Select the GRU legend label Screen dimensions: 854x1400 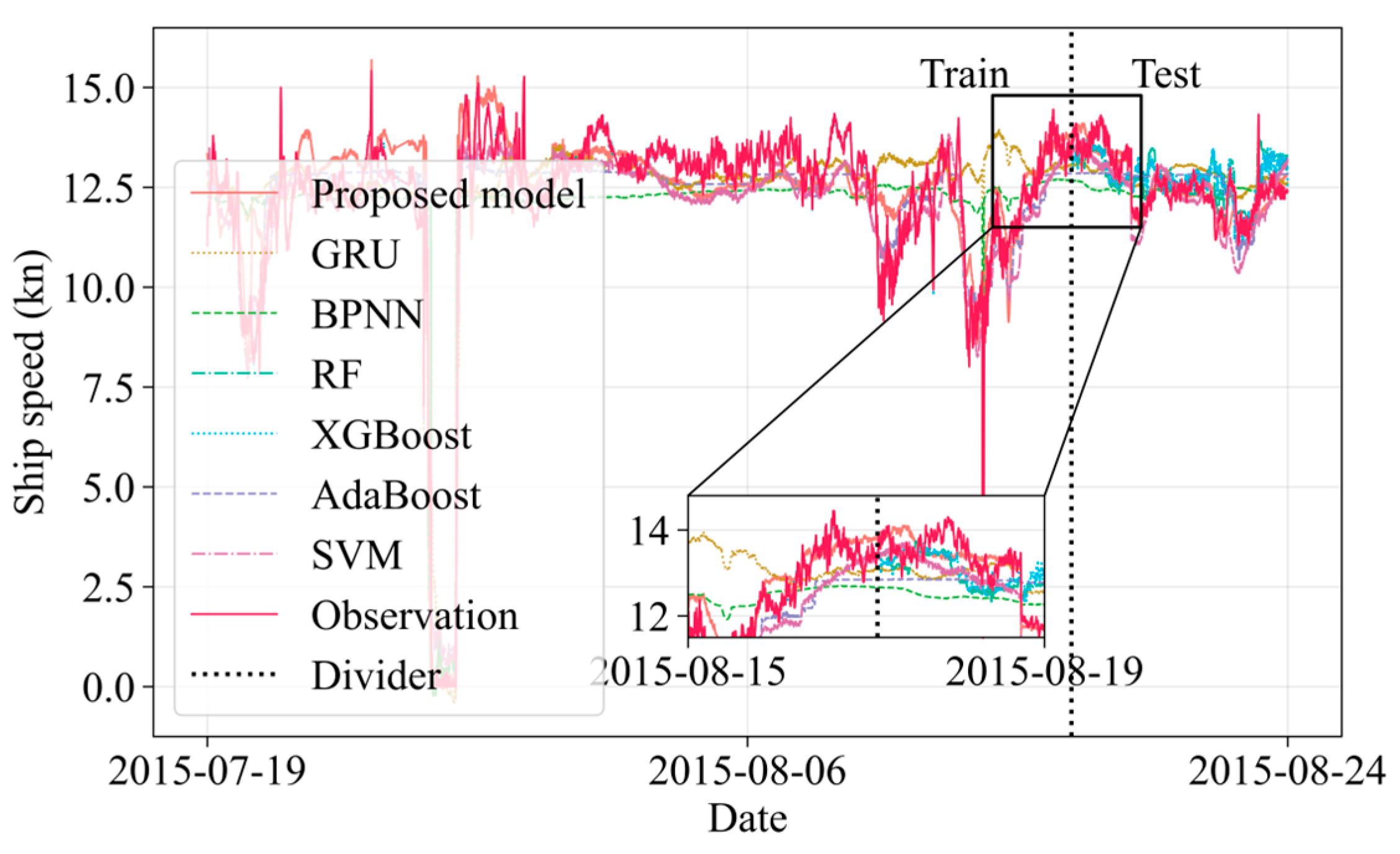coord(354,254)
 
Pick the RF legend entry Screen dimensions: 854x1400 coord(336,374)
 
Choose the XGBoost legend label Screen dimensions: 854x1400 coord(391,434)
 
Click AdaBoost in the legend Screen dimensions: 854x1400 coord(396,495)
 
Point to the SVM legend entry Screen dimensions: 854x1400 coord(357,554)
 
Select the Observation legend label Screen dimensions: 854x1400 coord(415,615)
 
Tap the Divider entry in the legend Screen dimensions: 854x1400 coord(376,675)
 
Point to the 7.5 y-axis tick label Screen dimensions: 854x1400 coord(108,388)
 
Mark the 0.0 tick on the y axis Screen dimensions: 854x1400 coord(108,688)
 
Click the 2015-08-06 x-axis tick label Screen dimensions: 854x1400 coord(747,772)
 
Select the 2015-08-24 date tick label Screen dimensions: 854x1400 coord(1287,772)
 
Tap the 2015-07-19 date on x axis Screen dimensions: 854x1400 coord(207,772)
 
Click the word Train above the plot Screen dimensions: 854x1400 coord(964,74)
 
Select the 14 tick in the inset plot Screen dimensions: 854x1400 coord(649,531)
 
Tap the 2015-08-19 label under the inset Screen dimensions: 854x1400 coord(1044,672)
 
